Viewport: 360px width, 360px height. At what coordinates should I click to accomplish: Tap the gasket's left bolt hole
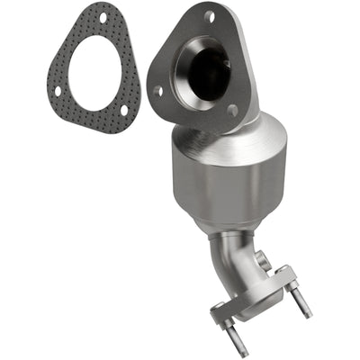point(57,90)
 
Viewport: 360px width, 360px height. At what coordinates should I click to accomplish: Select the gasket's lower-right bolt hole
point(124,110)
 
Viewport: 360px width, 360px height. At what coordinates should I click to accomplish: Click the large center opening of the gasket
point(97,70)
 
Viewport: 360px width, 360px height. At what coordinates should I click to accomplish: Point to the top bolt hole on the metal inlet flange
point(210,16)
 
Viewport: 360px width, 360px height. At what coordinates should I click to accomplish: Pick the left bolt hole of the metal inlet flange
point(159,90)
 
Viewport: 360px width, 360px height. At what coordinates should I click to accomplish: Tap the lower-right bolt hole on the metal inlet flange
point(232,110)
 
